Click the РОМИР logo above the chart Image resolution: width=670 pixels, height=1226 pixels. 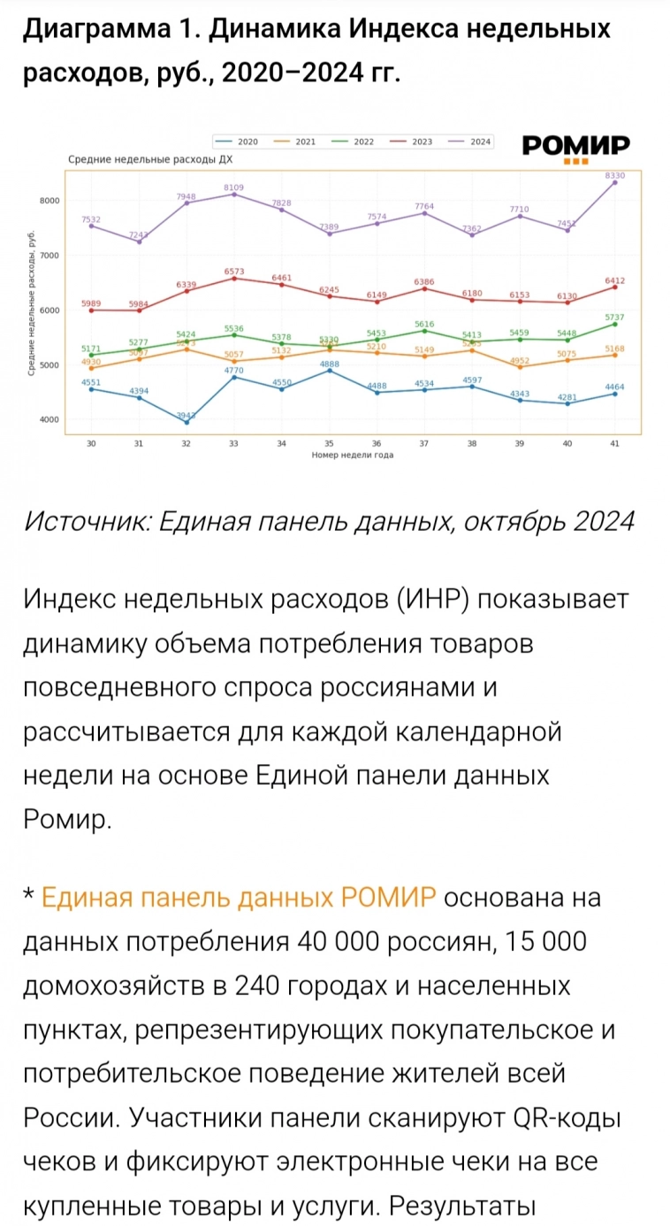pos(575,147)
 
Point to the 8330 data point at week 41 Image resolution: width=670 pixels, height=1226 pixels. pos(615,182)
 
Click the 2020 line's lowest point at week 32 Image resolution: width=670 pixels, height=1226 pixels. pos(186,422)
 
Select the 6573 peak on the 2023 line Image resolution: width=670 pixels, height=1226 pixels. pos(233,278)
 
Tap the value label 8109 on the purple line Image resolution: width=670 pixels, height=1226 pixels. pos(233,188)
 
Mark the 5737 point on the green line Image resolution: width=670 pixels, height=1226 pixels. pos(615,324)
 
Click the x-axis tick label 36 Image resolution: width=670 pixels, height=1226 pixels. pos(377,443)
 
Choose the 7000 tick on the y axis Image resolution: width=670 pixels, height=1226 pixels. pos(49,256)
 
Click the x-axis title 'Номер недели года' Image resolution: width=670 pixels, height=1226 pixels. pos(352,455)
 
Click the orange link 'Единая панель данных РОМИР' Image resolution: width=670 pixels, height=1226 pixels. pos(239,899)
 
